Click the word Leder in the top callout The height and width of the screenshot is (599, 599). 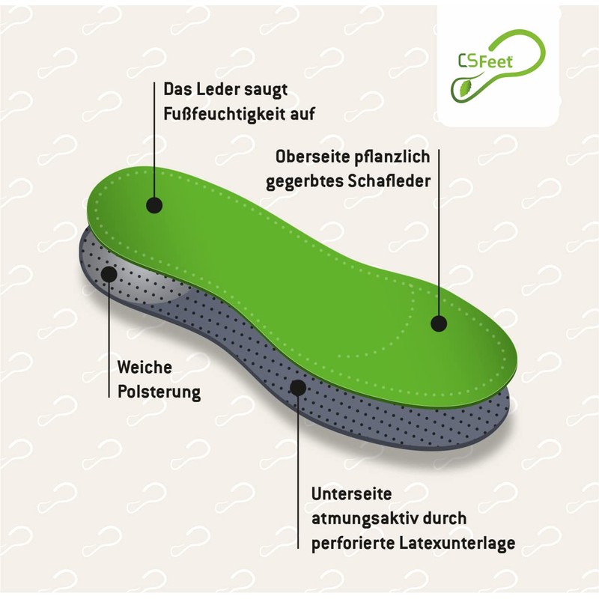pyautogui.click(x=215, y=90)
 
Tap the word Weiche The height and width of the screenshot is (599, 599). pyautogui.click(x=145, y=368)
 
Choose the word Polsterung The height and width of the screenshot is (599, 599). pyautogui.click(x=159, y=392)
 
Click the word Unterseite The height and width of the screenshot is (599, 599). pyautogui.click(x=350, y=494)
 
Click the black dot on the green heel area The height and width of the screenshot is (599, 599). pyautogui.click(x=154, y=204)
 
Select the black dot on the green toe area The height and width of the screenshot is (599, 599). pyautogui.click(x=439, y=323)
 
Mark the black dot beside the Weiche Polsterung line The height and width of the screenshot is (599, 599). pyautogui.click(x=109, y=273)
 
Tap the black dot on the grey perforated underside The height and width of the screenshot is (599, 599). pyautogui.click(x=298, y=387)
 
